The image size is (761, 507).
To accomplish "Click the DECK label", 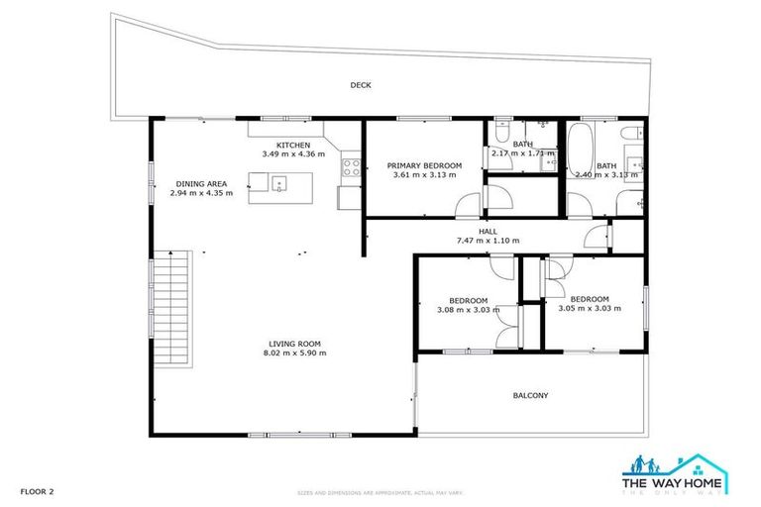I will (x=361, y=85).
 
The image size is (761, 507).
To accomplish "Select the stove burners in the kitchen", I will (x=350, y=166).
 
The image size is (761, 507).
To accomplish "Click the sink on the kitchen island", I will (x=279, y=182).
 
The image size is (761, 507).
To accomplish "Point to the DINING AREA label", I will (x=201, y=183).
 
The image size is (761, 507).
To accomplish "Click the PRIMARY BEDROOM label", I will (x=424, y=165).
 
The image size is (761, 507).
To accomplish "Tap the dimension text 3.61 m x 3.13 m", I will (x=424, y=175).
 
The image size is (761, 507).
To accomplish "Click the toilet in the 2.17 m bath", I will (x=502, y=133).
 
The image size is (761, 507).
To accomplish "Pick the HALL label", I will (x=488, y=231).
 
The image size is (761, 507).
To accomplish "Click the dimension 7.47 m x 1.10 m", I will (x=488, y=241).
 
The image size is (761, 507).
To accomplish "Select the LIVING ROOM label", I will (x=294, y=344).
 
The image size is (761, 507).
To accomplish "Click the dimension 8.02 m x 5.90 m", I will (x=294, y=354).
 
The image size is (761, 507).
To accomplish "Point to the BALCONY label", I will (x=530, y=396).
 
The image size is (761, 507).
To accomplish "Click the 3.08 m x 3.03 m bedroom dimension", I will (x=468, y=310).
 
